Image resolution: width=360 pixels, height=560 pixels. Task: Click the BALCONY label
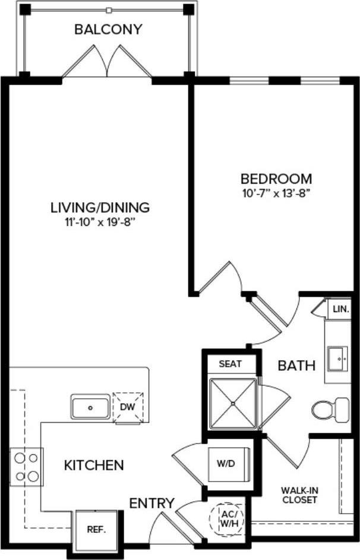[x=108, y=29]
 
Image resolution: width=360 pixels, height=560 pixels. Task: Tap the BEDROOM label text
[x=276, y=178]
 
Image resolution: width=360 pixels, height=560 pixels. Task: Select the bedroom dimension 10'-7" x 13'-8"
[x=276, y=193]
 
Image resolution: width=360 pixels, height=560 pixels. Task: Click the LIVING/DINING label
[x=99, y=207]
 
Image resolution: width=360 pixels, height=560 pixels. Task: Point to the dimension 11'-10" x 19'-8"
[x=99, y=222]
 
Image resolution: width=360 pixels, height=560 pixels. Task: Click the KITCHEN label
[x=94, y=465]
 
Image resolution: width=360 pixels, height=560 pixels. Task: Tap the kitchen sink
[x=90, y=408]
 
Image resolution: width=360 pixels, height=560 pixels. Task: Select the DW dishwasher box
[x=128, y=407]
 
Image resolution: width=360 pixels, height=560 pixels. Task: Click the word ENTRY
[x=152, y=504]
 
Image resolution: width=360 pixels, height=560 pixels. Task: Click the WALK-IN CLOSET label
[x=299, y=495]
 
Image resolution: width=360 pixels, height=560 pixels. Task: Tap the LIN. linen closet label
[x=340, y=309]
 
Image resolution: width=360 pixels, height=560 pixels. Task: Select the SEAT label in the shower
[x=230, y=364]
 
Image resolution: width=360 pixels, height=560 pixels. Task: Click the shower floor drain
[x=233, y=403]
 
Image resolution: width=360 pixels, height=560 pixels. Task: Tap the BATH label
[x=296, y=366]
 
